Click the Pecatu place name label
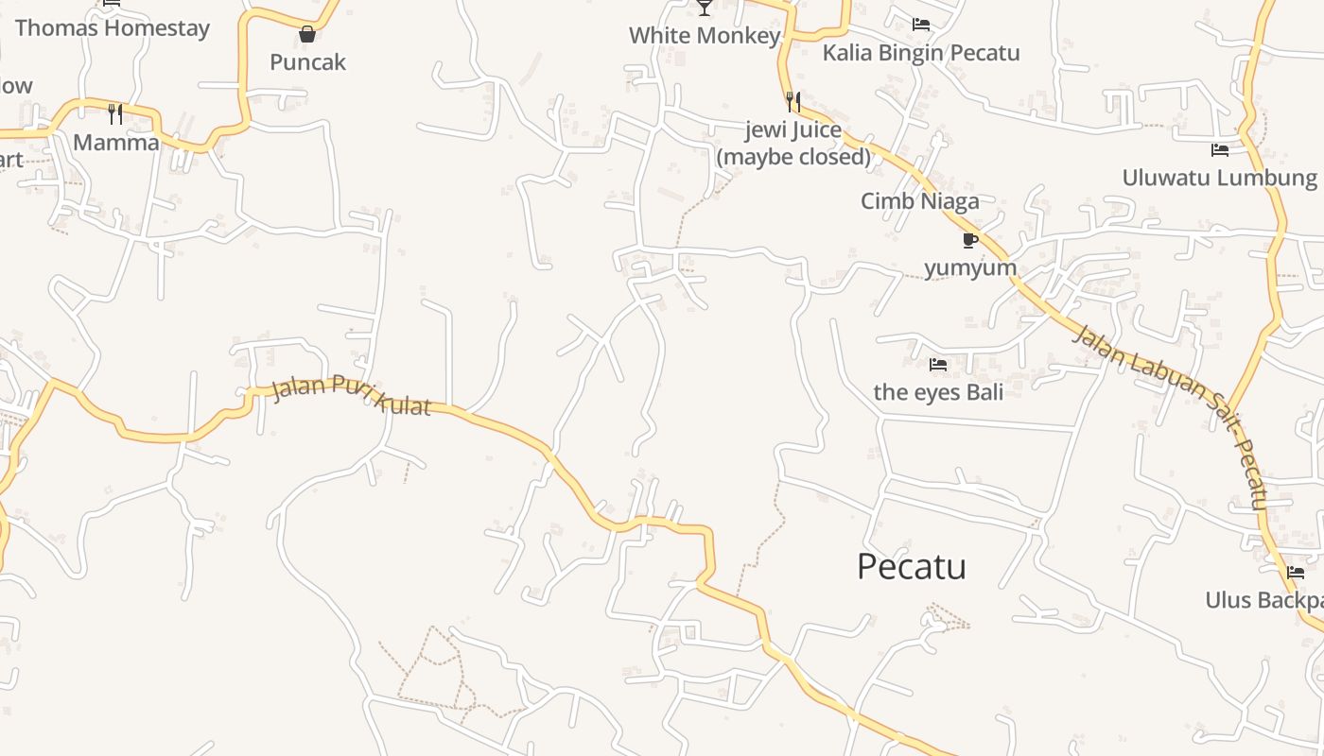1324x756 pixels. tap(911, 567)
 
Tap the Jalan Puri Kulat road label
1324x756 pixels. tap(351, 396)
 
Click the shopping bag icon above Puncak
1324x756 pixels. tap(307, 35)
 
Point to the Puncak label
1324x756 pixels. tap(307, 62)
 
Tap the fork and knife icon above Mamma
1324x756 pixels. tap(115, 114)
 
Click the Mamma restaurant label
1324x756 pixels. tap(115, 143)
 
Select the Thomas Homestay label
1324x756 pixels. tap(112, 28)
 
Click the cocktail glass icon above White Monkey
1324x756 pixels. tap(705, 9)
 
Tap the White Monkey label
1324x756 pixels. tap(705, 36)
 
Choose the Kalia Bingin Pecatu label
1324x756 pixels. tap(920, 53)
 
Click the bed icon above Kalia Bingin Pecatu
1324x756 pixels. tap(920, 25)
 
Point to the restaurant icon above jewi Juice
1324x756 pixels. tap(793, 101)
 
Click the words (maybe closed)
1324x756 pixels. tap(793, 157)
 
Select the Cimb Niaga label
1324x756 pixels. tap(919, 201)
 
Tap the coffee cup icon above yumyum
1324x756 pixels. tap(969, 240)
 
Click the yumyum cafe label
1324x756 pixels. tap(969, 267)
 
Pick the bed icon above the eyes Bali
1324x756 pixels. tap(938, 364)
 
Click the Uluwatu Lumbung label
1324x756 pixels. tap(1219, 178)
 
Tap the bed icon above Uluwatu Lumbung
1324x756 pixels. tap(1220, 149)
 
